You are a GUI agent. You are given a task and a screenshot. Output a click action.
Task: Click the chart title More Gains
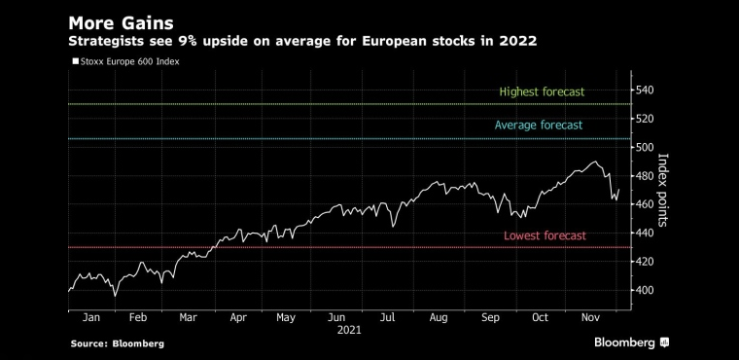pyautogui.click(x=122, y=23)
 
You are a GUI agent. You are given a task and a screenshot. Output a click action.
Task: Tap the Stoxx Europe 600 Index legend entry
pyautogui.click(x=125, y=61)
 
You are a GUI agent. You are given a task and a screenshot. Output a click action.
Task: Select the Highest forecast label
pyautogui.click(x=542, y=91)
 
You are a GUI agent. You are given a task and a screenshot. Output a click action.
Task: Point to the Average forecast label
pyautogui.click(x=539, y=126)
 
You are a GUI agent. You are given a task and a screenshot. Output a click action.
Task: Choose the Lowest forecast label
pyautogui.click(x=545, y=235)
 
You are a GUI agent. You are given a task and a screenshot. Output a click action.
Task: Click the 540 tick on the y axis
pyautogui.click(x=645, y=90)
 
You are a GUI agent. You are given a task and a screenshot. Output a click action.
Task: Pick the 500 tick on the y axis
pyautogui.click(x=645, y=147)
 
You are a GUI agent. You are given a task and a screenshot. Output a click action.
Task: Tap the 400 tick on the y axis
pyautogui.click(x=645, y=290)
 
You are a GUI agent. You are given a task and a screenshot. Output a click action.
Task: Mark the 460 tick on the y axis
pyautogui.click(x=645, y=204)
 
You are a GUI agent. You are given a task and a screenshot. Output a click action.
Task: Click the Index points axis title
pyautogui.click(x=662, y=190)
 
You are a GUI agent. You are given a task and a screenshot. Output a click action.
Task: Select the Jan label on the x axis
pyautogui.click(x=91, y=317)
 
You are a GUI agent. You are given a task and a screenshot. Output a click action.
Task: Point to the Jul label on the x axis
pyautogui.click(x=387, y=317)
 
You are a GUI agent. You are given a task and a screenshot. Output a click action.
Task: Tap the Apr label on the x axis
pyautogui.click(x=238, y=317)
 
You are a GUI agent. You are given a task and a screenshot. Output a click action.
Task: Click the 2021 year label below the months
pyautogui.click(x=349, y=330)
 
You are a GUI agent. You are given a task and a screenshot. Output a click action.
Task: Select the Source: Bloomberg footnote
pyautogui.click(x=118, y=343)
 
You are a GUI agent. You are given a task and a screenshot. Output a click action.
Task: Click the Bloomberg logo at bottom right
pyautogui.click(x=631, y=342)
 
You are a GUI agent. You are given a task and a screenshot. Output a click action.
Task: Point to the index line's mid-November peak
pyautogui.click(x=595, y=162)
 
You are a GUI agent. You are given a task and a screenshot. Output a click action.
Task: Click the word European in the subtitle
pyautogui.click(x=391, y=42)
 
